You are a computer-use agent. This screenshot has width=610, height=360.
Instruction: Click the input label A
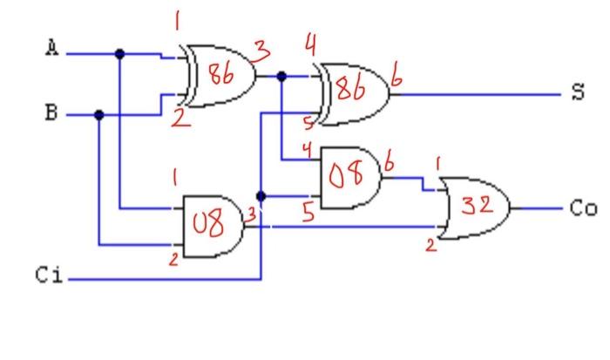(x=52, y=50)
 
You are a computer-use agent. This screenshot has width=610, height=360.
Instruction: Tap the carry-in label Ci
(x=49, y=276)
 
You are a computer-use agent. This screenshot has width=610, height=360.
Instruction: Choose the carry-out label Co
(x=582, y=209)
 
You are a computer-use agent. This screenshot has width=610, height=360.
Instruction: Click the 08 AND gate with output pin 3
(x=212, y=225)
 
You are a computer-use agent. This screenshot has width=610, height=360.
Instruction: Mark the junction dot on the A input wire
(x=120, y=54)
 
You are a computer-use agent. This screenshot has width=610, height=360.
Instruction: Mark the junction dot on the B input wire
(x=99, y=114)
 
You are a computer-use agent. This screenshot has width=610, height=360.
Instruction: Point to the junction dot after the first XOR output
(x=281, y=76)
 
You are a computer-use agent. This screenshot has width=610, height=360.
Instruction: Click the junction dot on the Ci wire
(x=261, y=197)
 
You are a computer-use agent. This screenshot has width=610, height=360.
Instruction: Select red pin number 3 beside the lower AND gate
(x=251, y=213)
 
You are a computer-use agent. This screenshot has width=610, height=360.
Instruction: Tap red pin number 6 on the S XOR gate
(x=396, y=80)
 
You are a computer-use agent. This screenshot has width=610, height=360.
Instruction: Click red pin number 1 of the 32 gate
(x=439, y=163)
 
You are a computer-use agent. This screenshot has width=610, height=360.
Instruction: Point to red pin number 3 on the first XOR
(x=259, y=48)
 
